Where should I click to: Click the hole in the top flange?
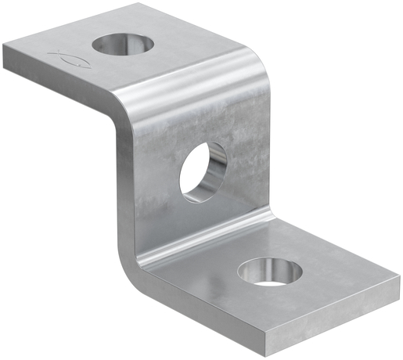[x=124, y=45]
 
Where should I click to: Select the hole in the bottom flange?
[x=272, y=272]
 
